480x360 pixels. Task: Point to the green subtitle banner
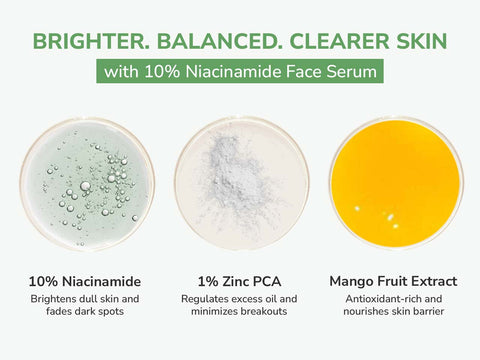(240, 73)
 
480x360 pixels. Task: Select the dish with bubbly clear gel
(86, 183)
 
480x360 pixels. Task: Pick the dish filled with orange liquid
(395, 183)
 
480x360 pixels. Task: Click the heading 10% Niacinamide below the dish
(86, 280)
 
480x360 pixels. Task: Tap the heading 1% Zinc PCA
(240, 280)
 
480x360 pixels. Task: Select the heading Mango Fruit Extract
(395, 280)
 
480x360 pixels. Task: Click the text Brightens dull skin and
(86, 299)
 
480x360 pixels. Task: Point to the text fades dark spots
(86, 313)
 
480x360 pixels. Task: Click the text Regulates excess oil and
(240, 299)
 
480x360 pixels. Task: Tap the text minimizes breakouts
(240, 313)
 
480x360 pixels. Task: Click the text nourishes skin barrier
(395, 313)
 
